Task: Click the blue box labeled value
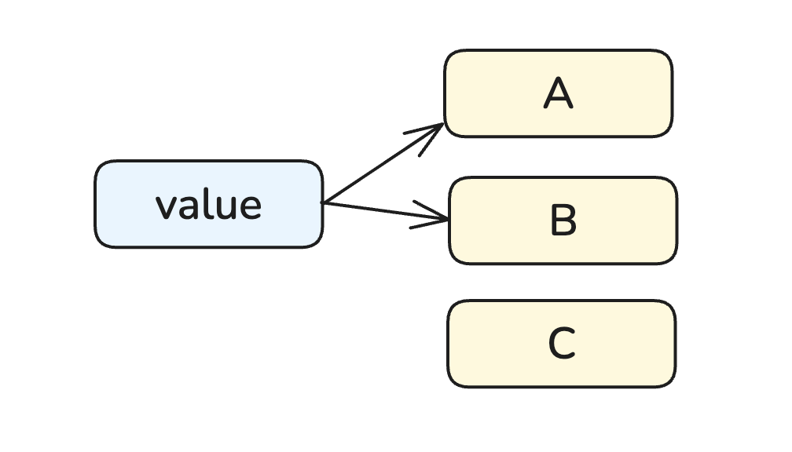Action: (208, 204)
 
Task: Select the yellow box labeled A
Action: (558, 93)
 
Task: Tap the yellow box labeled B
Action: (563, 221)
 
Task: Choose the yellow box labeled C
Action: (561, 344)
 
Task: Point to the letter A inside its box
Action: (558, 94)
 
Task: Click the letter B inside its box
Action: (563, 221)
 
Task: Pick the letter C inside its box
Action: (562, 344)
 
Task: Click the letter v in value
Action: (165, 206)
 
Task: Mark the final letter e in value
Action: (249, 206)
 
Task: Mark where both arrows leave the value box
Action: (323, 203)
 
